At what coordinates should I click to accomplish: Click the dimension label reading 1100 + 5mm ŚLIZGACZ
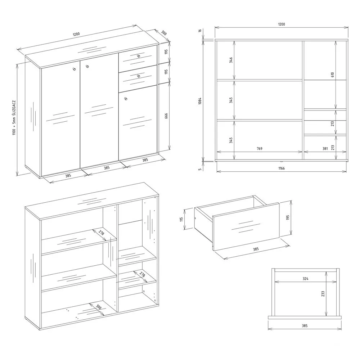tap(14, 118)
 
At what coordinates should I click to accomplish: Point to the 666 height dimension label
tap(166, 116)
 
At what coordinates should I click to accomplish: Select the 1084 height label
tap(200, 101)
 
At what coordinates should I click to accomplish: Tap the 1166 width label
tap(282, 168)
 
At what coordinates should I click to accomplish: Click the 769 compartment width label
tap(260, 149)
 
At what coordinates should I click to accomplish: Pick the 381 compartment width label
tap(325, 149)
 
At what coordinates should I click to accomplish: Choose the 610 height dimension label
tap(333, 75)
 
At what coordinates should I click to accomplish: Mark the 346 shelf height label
tap(231, 60)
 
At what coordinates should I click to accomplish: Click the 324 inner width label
tap(305, 279)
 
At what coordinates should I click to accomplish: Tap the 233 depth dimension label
tap(323, 294)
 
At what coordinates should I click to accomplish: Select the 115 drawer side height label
tap(181, 219)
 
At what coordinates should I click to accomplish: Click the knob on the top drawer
tap(139, 56)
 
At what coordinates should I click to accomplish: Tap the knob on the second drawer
tap(139, 76)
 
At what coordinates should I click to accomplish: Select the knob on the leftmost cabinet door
tap(74, 69)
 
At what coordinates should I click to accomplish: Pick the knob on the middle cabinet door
tap(87, 66)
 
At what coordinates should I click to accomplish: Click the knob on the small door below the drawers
tap(125, 99)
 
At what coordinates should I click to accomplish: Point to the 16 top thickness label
tap(200, 31)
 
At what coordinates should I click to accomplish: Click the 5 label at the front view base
tap(200, 169)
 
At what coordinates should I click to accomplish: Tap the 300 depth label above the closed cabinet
tap(164, 33)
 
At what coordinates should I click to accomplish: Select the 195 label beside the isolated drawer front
tap(288, 217)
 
